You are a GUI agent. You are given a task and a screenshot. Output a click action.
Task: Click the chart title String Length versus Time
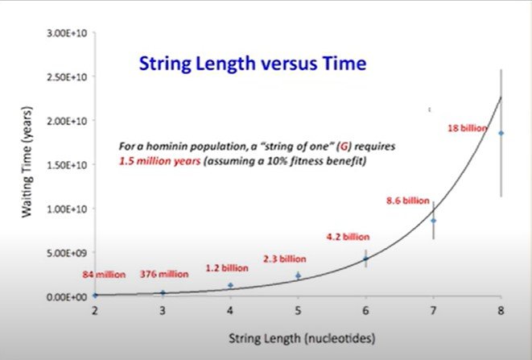coord(253,64)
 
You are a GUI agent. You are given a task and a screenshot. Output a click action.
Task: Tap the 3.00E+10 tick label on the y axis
coord(67,33)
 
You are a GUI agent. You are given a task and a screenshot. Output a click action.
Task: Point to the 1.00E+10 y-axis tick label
coord(67,209)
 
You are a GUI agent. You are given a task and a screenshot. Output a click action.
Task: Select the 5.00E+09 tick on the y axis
coord(67,253)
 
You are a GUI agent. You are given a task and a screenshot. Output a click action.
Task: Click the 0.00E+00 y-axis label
coord(67,297)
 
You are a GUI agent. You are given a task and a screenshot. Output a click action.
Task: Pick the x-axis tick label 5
coord(298,310)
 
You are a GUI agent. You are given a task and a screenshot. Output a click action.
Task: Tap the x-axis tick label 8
coord(501,310)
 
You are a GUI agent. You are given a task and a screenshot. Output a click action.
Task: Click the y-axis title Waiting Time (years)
coord(27,162)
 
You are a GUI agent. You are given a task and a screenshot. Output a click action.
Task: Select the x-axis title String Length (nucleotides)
coord(302,338)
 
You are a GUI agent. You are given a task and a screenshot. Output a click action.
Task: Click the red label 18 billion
coord(467,128)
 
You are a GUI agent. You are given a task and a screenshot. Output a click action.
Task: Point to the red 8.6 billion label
coord(408,201)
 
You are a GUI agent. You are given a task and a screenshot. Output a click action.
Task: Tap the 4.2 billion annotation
coord(348,237)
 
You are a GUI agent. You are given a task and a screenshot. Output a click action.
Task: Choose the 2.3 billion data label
coord(285,259)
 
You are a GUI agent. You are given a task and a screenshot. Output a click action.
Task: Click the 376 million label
coord(164,274)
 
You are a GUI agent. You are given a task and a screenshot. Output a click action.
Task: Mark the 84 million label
coord(104,275)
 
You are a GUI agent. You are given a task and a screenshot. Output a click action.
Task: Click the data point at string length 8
coord(501,133)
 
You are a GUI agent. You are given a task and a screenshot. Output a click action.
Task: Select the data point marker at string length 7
coord(433,221)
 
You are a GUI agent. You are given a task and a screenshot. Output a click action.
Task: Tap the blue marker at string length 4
coord(230,285)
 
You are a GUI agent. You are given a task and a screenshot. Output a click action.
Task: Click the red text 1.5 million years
coord(159,160)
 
